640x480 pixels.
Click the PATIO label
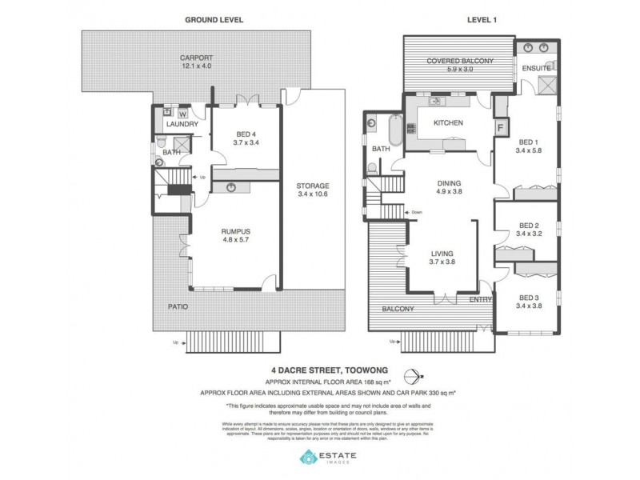(x=166, y=306)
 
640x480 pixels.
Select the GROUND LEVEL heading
(x=214, y=18)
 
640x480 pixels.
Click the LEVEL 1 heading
(x=479, y=18)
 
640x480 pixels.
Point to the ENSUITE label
(x=535, y=69)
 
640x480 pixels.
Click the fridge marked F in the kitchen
(x=501, y=126)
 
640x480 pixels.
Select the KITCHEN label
(x=449, y=123)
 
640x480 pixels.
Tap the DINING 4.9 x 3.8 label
(x=449, y=187)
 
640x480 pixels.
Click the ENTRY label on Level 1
(x=482, y=299)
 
